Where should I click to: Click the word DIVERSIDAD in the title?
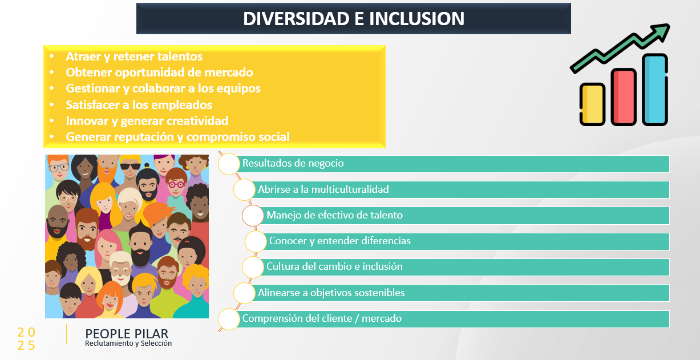click(296, 19)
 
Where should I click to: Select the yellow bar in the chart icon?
click(592, 104)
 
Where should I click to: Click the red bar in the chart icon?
click(624, 97)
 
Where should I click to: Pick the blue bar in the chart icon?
click(655, 90)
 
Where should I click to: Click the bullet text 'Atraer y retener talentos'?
click(134, 56)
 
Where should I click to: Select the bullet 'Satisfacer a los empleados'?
click(139, 105)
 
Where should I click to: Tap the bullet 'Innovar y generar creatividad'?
click(147, 121)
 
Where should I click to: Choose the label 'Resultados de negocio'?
click(293, 163)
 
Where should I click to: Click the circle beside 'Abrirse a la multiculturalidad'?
click(244, 189)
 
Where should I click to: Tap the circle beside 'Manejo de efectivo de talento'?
click(253, 216)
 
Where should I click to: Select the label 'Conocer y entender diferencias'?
click(339, 241)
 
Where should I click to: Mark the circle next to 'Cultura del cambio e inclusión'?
click(253, 267)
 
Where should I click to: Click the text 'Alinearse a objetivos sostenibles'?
click(331, 293)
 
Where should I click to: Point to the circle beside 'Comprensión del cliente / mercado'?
click(229, 319)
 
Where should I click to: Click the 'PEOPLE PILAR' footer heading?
click(127, 334)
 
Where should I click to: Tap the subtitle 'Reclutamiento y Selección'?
click(128, 343)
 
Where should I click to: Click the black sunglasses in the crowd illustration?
click(130, 167)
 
